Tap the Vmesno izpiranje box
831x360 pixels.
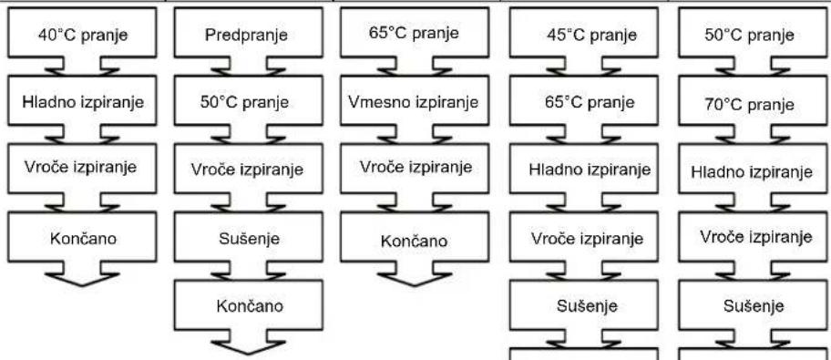(x=415, y=101)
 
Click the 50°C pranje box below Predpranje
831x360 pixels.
(x=249, y=101)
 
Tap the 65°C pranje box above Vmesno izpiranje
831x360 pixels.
(x=415, y=33)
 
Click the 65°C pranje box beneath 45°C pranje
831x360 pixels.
(x=584, y=101)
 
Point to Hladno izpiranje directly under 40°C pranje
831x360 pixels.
(x=82, y=101)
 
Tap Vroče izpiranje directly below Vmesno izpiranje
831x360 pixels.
(x=415, y=169)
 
